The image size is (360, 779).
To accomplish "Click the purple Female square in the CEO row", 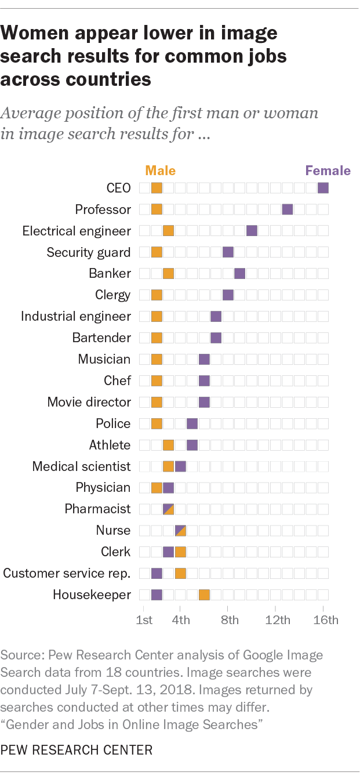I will click(x=323, y=188).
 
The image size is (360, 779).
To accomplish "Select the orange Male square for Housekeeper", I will click(x=204, y=595).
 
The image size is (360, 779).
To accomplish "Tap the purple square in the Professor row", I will click(x=288, y=209).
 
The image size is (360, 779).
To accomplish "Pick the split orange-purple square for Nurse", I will click(x=180, y=530).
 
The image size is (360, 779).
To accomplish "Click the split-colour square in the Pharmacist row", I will click(x=169, y=509).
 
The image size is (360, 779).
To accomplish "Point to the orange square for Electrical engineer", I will click(x=169, y=231).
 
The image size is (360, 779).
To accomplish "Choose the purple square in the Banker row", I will click(x=240, y=273).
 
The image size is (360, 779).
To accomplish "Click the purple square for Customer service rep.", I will click(x=157, y=574).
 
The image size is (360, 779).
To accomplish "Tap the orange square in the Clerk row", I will click(x=180, y=552).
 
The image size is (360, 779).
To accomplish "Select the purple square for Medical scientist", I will click(x=180, y=466).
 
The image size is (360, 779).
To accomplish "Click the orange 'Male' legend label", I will click(x=160, y=171).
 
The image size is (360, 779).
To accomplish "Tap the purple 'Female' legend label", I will click(x=328, y=171).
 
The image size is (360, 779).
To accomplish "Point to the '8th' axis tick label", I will click(x=230, y=620).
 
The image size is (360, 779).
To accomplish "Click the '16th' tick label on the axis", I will click(x=326, y=620).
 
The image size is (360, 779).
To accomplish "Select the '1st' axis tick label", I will click(x=144, y=620).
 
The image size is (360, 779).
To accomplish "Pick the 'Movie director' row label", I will click(x=89, y=402).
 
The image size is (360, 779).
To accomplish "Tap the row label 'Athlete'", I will click(x=110, y=445).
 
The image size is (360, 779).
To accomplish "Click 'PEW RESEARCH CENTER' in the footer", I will click(x=77, y=750).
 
